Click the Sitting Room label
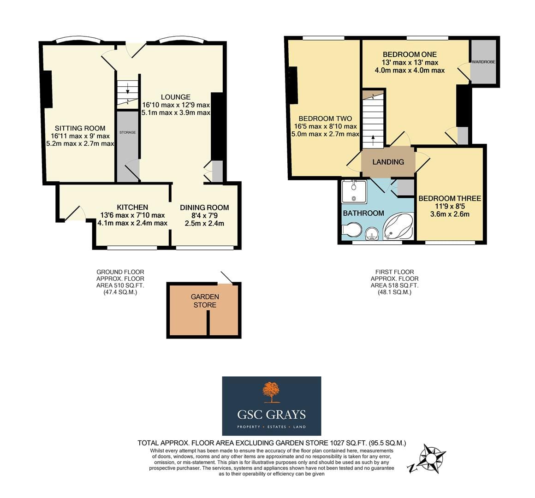click(80, 128)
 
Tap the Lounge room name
click(176, 97)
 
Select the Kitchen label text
click(132, 207)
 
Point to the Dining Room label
click(204, 207)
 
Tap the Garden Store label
click(205, 301)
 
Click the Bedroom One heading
click(410, 54)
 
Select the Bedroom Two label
click(325, 119)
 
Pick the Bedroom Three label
click(450, 199)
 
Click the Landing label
click(388, 162)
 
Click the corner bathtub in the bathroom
click(398, 226)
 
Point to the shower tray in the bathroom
click(354, 192)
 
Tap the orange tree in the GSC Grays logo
click(271, 392)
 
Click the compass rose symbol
click(431, 458)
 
